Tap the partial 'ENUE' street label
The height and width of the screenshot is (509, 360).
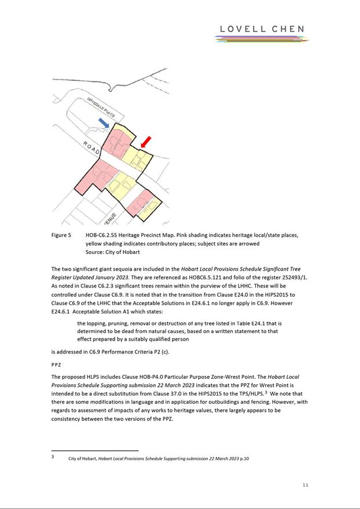click(x=110, y=218)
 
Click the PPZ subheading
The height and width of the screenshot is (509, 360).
click(x=56, y=366)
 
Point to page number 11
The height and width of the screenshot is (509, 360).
click(x=305, y=485)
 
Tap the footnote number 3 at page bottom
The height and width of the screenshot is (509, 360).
click(x=53, y=457)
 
